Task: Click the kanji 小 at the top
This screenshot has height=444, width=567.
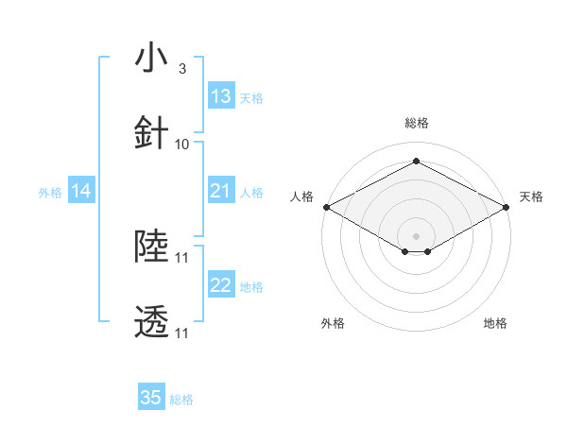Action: tap(151, 59)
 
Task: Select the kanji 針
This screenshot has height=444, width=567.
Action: tap(151, 133)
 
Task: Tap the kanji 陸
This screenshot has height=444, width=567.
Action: tap(151, 247)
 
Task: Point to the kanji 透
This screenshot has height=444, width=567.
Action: tap(151, 322)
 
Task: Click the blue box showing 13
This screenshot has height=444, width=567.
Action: tap(221, 96)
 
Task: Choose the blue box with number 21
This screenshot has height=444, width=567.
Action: tap(221, 192)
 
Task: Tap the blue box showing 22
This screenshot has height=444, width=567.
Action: tap(221, 286)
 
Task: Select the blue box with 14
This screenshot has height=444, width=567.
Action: tap(81, 192)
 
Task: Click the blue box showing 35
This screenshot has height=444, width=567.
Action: tap(151, 398)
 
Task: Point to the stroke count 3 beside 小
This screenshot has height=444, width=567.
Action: tap(181, 69)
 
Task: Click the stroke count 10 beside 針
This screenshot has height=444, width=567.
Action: tap(182, 144)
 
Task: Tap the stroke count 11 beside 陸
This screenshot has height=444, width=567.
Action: tap(182, 257)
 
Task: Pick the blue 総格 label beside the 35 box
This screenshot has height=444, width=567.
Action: tap(181, 400)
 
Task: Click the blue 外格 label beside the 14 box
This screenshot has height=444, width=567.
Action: tap(50, 193)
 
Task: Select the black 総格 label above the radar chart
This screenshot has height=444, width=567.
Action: tap(416, 123)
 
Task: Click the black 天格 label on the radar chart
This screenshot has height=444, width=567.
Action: tap(531, 196)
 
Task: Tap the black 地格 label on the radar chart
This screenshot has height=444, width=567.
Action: tap(495, 323)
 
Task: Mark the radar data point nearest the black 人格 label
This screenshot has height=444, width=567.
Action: tap(325, 207)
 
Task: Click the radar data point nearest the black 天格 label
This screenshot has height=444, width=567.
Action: tap(507, 207)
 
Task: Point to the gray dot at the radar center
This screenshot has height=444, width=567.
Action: tap(416, 234)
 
